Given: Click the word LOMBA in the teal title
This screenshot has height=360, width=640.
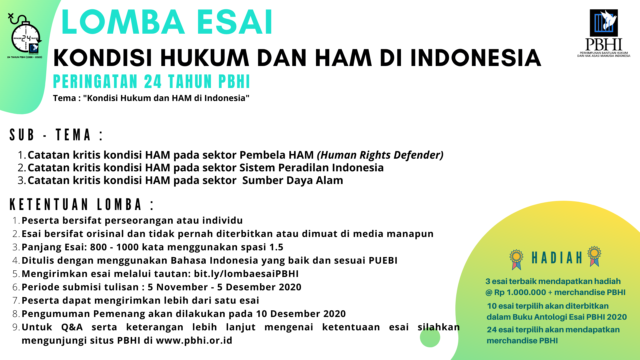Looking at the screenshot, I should point(123,22).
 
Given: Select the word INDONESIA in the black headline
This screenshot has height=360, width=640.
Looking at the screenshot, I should point(476,58).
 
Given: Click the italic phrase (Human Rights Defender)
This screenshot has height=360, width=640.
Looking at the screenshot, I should point(380,155).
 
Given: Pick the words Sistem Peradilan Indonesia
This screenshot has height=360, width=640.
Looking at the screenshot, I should point(311,167).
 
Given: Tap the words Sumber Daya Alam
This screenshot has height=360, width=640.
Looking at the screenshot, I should point(292,180).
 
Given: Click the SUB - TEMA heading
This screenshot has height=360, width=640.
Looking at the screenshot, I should point(56,135).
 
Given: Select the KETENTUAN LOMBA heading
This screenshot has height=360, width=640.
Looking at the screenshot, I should point(82,204).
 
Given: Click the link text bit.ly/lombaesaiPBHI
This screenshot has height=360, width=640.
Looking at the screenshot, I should point(246,274).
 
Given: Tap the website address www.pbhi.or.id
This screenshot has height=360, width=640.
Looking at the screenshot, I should point(194,340).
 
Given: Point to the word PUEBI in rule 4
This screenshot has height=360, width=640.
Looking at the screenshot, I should point(383,260).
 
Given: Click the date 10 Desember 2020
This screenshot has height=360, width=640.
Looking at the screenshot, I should point(301,314).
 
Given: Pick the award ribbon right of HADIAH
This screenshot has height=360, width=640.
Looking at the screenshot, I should point(594,256).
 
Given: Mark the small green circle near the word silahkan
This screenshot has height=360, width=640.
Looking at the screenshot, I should point(430,337).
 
